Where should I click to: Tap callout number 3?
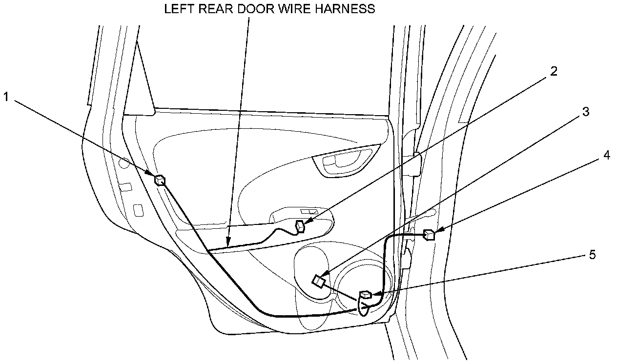click(585, 112)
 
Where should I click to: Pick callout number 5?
click(592, 255)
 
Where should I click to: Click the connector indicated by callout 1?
click(160, 180)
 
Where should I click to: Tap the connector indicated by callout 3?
click(318, 282)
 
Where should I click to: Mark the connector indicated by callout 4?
click(429, 235)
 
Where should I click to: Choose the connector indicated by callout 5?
click(365, 294)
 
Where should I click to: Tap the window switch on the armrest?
click(308, 212)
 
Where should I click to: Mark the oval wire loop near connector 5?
click(364, 307)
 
